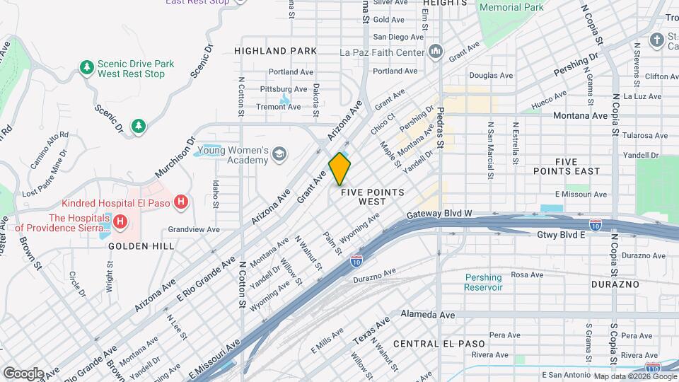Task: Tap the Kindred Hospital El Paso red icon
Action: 182,202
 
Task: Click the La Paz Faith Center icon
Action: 435,52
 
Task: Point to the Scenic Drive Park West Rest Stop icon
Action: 87,68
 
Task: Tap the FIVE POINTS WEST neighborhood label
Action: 372,197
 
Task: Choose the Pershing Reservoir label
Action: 484,282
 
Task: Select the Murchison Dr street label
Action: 173,154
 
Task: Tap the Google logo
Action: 23,373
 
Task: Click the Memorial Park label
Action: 511,7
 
